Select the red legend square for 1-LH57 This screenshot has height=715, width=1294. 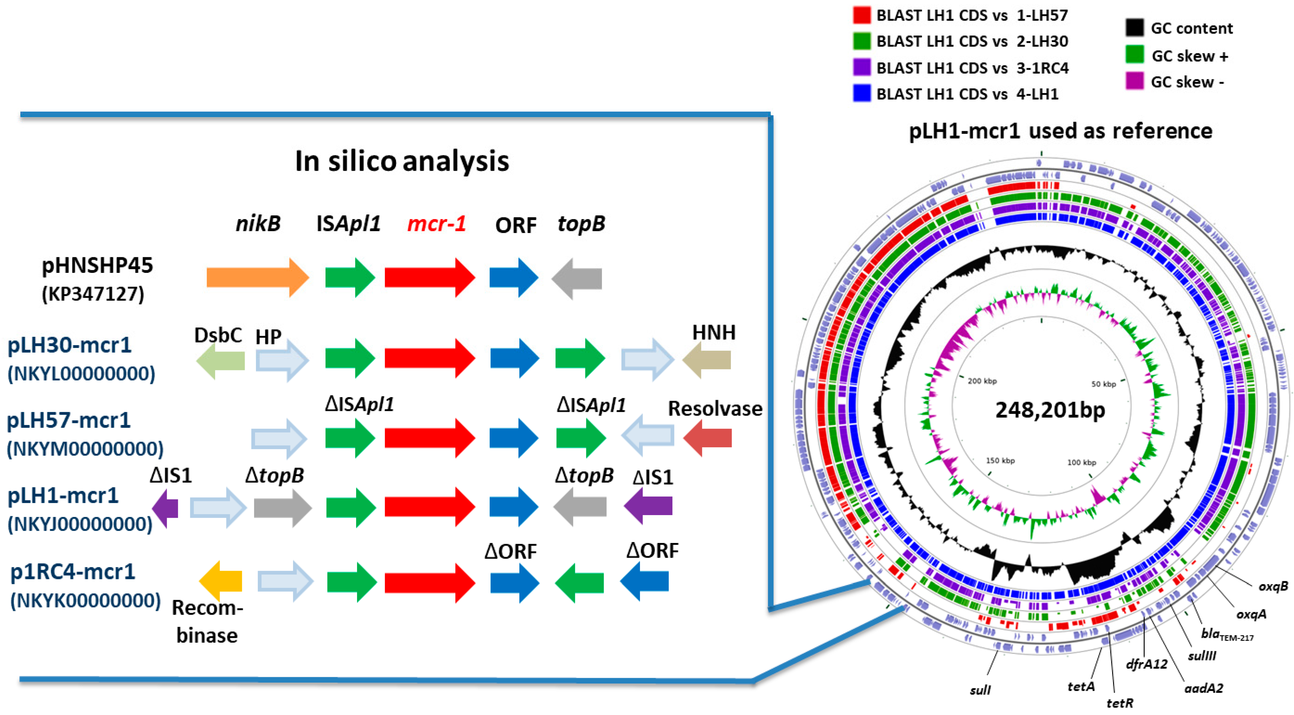(x=861, y=15)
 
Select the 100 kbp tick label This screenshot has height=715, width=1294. (x=1082, y=462)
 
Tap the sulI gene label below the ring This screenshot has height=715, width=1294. (x=980, y=690)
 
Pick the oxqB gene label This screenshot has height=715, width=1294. (x=1273, y=586)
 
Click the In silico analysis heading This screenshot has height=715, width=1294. (x=402, y=161)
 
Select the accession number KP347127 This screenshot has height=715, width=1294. (x=93, y=294)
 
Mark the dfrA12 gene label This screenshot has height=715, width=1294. (x=1146, y=664)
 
